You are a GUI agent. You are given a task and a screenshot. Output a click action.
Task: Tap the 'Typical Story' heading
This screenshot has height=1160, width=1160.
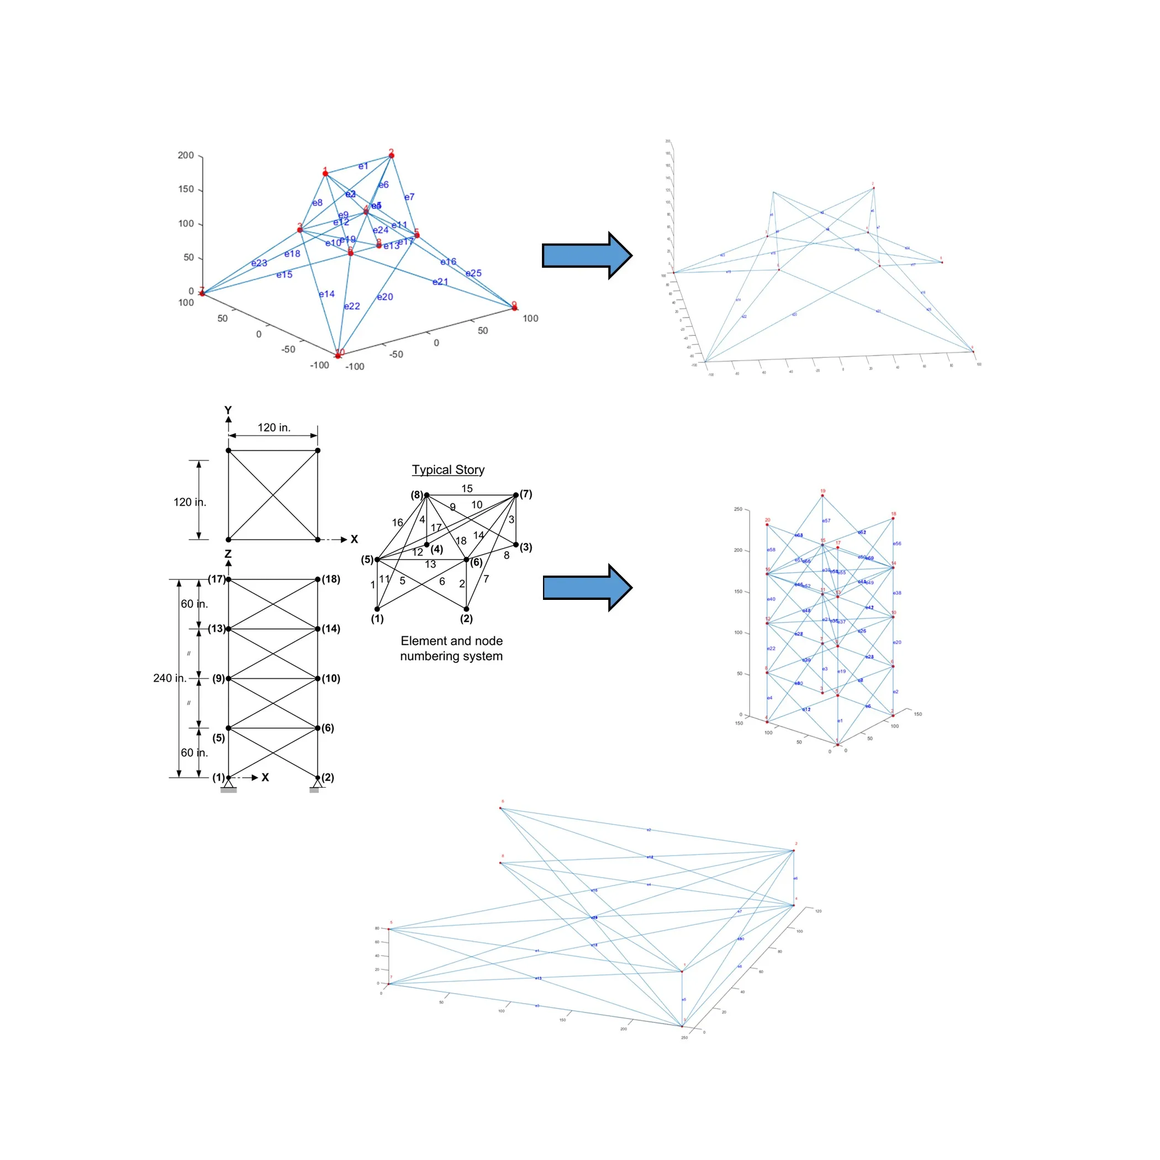pos(448,470)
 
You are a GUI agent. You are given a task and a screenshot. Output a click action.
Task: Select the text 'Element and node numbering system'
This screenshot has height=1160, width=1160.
pos(451,648)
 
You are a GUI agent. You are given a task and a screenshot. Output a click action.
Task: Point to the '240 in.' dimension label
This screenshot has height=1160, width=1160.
pos(170,678)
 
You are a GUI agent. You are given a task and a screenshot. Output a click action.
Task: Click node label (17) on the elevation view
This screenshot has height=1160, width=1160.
pos(216,579)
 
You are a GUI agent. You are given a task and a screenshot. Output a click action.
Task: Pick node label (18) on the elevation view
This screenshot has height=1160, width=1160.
pos(331,579)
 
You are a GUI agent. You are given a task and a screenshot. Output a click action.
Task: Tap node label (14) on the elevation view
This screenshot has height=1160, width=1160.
pos(331,629)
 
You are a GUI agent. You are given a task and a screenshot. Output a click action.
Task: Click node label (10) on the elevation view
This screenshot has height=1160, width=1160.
pos(331,678)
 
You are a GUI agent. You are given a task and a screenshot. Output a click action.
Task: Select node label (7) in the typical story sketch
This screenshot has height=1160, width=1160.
pos(526,494)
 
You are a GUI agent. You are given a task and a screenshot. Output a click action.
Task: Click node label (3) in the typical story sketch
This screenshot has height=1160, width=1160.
pos(526,547)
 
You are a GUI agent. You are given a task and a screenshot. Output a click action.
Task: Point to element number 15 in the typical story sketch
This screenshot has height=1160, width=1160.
pos(467,489)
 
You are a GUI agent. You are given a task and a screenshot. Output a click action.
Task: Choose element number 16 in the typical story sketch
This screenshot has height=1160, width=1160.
pos(398,523)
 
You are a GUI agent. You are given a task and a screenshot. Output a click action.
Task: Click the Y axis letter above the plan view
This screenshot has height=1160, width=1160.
pos(228,410)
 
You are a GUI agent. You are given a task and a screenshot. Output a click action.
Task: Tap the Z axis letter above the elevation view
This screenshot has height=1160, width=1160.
pos(228,554)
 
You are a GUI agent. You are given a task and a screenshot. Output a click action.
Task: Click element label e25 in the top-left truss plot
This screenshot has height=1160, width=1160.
pos(474,273)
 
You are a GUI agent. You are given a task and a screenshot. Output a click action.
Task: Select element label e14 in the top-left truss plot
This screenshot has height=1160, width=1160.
pos(326,294)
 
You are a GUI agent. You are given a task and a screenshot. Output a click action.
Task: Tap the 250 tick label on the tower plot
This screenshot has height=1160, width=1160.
pos(738,509)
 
